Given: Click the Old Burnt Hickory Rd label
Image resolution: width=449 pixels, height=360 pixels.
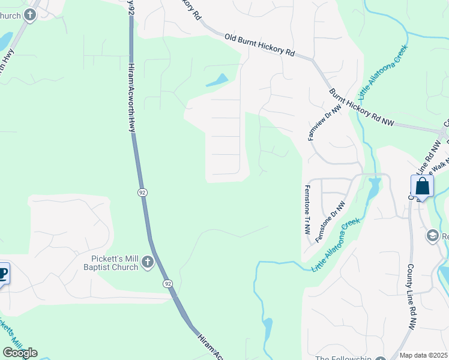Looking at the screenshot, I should coord(259,46).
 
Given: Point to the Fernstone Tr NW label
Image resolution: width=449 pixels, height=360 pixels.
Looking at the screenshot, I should coord(307,209).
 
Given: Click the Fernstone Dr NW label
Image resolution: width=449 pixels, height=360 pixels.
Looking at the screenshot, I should coord(331,221).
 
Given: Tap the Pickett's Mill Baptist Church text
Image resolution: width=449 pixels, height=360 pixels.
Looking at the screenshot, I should coord(111,263).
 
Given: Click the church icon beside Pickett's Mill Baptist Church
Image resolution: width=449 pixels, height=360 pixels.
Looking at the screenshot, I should coord(148,262).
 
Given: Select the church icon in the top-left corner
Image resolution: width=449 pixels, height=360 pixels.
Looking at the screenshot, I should coord(29,15).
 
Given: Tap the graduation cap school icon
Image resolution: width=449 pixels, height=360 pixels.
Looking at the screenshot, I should coord(432,236).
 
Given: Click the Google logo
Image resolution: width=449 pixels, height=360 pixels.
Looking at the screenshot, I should coord(20,353).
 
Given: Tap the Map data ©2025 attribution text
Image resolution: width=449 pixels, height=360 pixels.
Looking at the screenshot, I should coord(423,355).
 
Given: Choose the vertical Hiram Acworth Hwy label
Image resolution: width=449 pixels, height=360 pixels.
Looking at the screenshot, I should coord(131,96).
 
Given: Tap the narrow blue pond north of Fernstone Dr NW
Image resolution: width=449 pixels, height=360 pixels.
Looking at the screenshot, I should coord(373,187).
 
